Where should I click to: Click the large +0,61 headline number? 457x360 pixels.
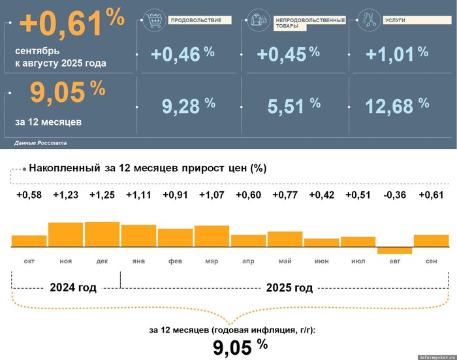[x=62, y=25]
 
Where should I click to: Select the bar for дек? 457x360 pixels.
[x=102, y=235]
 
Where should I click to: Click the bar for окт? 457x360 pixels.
[x=29, y=241]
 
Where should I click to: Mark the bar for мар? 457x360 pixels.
[x=212, y=237]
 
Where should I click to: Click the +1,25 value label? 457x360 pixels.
[x=102, y=195]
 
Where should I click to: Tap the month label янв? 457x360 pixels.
[x=138, y=261]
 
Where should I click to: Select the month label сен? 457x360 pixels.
[x=431, y=261]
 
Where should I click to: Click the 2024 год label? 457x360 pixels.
[x=73, y=287]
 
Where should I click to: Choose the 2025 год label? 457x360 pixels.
[x=290, y=287]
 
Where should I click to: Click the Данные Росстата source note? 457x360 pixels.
[x=40, y=142]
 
